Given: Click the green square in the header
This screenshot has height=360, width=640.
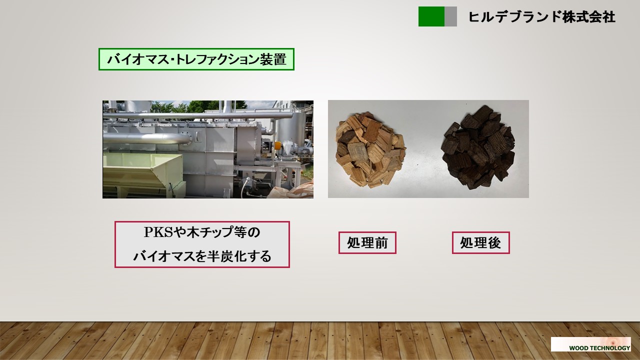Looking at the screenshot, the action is point(431,16).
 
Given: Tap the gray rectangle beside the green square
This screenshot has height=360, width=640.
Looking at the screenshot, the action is point(450,16).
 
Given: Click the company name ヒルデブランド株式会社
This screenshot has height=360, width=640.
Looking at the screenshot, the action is point(541,17).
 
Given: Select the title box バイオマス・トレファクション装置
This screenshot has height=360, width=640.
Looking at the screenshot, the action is point(196,59).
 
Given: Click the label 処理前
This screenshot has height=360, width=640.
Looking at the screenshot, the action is point(367,242).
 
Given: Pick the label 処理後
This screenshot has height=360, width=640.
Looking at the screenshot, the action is point(481,242).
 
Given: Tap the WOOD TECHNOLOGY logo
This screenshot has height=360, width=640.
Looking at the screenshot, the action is point(591,344).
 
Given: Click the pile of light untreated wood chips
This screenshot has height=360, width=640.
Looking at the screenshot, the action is point(370,150).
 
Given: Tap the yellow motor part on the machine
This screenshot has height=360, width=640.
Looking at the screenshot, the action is point(277,145).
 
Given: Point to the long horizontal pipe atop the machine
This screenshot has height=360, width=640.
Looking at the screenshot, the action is point(197,115).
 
